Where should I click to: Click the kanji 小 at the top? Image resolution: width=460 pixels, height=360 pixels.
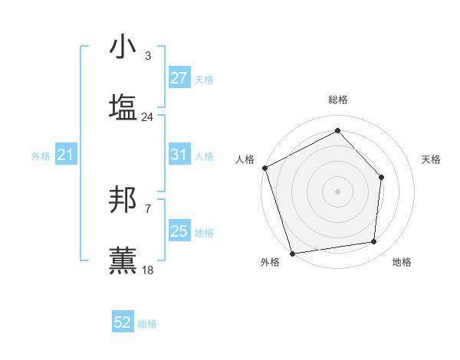pyautogui.click(x=123, y=48)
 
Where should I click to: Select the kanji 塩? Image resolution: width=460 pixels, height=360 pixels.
pyautogui.click(x=123, y=107)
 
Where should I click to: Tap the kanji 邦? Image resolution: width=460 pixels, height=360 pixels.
pyautogui.click(x=123, y=201)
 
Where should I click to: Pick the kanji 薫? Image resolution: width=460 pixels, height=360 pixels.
pyautogui.click(x=123, y=260)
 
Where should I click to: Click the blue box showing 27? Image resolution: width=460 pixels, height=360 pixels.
pyautogui.click(x=179, y=78)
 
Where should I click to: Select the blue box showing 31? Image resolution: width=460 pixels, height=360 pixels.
pyautogui.click(x=179, y=155)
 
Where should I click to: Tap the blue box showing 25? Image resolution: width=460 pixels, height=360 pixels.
pyautogui.click(x=179, y=231)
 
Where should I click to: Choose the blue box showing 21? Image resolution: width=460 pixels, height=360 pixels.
pyautogui.click(x=65, y=155)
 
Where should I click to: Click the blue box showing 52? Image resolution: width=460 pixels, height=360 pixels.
pyautogui.click(x=123, y=322)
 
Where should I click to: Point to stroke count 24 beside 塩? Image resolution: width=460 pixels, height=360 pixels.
pyautogui.click(x=147, y=117)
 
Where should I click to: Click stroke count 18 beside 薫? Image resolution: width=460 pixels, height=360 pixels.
pyautogui.click(x=147, y=270)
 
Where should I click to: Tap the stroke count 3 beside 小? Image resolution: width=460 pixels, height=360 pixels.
pyautogui.click(x=147, y=56)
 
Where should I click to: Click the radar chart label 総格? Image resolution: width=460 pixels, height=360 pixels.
pyautogui.click(x=337, y=100)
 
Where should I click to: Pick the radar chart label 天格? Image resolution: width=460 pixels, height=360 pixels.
pyautogui.click(x=431, y=159)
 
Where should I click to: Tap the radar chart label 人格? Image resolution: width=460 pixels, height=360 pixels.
pyautogui.click(x=245, y=159)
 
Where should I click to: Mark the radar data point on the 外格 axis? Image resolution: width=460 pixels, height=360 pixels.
pyautogui.click(x=292, y=253)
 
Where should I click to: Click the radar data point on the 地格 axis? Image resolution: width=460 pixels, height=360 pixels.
pyautogui.click(x=374, y=242)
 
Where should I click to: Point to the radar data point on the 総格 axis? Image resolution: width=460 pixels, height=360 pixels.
pyautogui.click(x=337, y=130)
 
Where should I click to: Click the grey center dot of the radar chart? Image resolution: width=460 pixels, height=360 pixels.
pyautogui.click(x=337, y=191)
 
